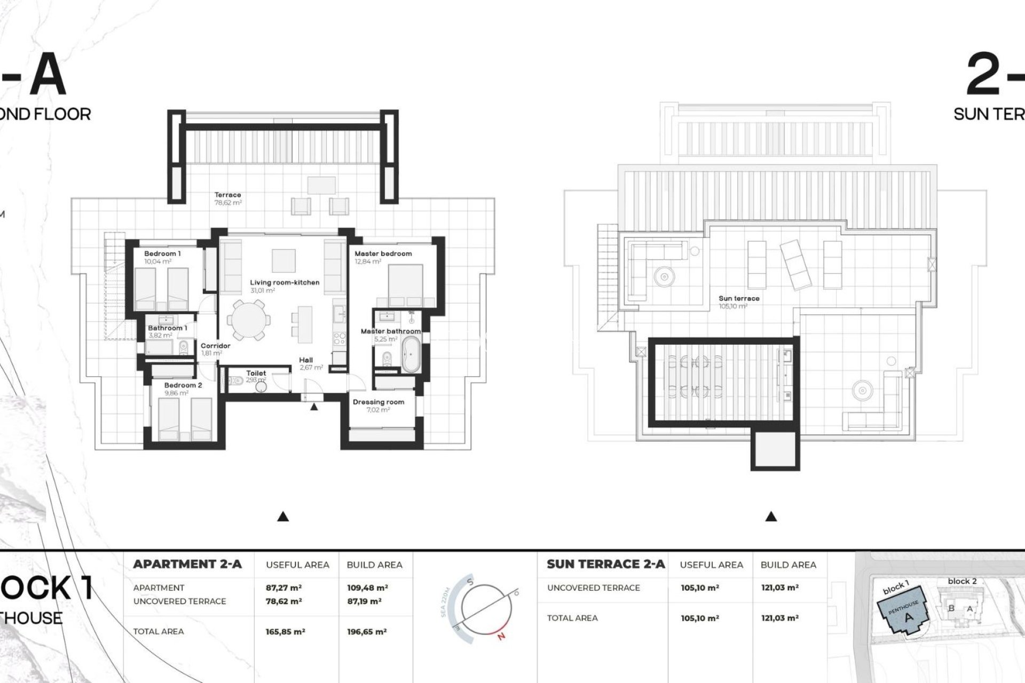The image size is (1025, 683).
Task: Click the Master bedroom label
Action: pos(383,253)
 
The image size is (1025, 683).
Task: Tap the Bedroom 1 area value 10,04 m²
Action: pos(157,262)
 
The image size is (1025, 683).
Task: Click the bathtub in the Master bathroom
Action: pos(411,353)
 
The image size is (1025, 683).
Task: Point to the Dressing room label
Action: pos(378,402)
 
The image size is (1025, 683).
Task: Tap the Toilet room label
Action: pos(256,373)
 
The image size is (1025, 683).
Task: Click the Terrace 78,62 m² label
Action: pos(228,198)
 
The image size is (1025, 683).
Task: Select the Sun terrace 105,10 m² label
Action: pos(739,302)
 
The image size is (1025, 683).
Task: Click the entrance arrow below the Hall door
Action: pos(314,407)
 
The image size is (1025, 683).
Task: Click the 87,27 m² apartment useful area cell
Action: pos(283,587)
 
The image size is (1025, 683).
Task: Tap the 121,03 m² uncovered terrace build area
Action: pos(779,587)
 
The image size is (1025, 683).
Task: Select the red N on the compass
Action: pos(501,636)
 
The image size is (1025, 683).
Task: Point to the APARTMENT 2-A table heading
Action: pos(187,564)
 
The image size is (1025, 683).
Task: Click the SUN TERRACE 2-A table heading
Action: pos(606,564)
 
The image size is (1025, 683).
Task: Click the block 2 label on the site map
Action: pos(962,581)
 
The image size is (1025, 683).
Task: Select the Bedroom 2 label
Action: pos(183,385)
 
